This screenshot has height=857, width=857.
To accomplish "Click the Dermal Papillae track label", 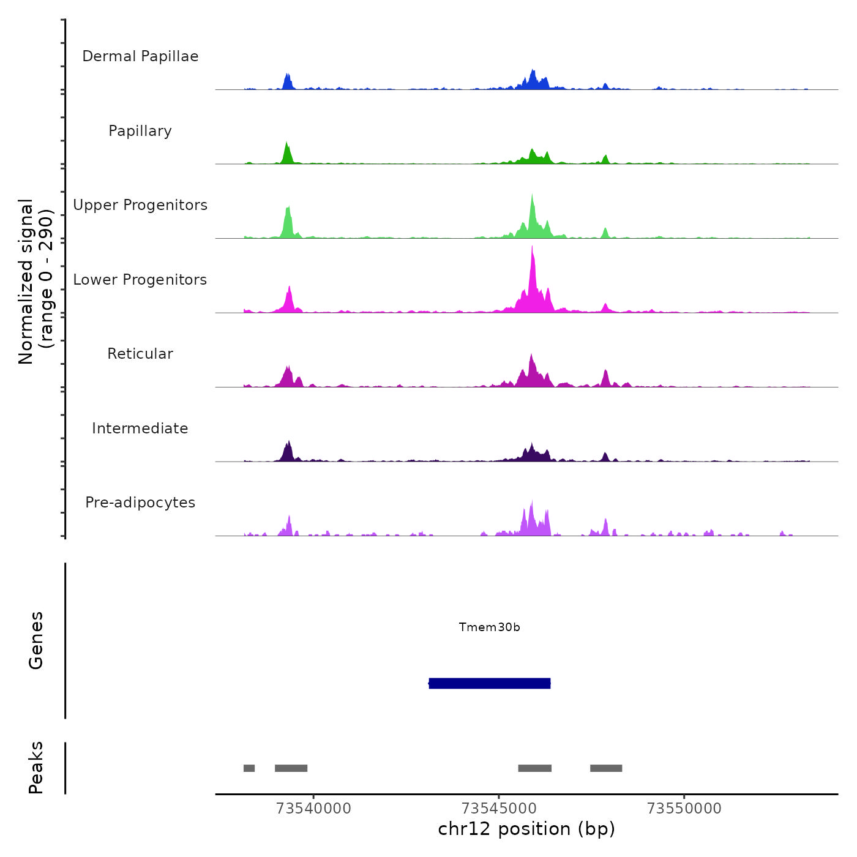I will [140, 56].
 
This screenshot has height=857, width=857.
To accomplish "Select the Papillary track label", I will [140, 131].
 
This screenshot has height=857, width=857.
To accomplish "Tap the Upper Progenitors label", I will [140, 205].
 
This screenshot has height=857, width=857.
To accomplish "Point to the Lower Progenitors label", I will [140, 280].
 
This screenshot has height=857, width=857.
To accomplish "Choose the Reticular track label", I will [140, 354].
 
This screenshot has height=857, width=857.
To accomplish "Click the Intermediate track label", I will [140, 428].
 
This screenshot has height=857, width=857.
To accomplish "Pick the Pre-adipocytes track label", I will [140, 503].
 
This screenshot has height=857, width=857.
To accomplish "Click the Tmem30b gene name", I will [490, 627].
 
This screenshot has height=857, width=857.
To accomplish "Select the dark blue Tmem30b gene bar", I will [490, 683].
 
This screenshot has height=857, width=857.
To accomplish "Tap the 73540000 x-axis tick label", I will [313, 809].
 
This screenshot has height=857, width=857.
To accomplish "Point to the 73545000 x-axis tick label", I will [499, 809].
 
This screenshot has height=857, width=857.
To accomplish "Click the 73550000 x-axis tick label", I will [684, 809].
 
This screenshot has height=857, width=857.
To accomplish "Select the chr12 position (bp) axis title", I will [526, 829].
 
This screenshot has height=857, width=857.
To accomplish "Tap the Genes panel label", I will [36, 640].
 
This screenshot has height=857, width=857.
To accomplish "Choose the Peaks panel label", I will [36, 768].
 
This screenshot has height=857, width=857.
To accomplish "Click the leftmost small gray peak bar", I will [249, 768].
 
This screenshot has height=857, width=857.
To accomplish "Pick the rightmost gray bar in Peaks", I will [606, 768].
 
